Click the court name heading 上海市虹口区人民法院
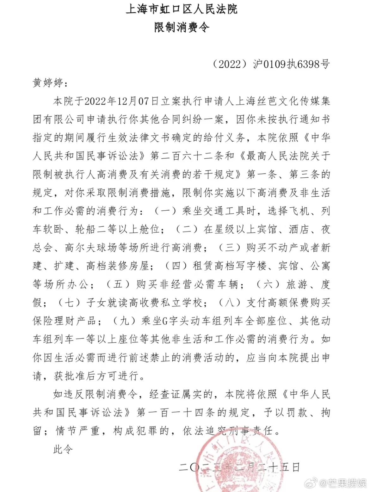(182, 9)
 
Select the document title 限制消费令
(182, 28)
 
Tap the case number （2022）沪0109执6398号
(271, 64)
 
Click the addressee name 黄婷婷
(48, 83)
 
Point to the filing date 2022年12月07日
(121, 101)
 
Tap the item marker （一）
(165, 211)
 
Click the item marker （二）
(187, 229)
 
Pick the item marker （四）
(176, 266)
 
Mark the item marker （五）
(118, 284)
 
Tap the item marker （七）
(69, 303)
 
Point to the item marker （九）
(124, 321)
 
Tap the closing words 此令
(63, 449)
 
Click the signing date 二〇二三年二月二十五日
(239, 467)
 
